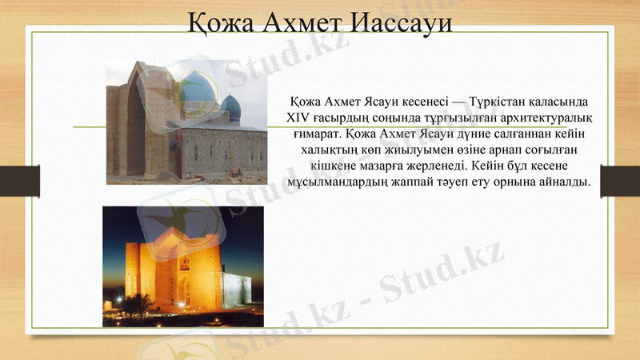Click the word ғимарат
[318, 134]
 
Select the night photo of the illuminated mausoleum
[182, 266]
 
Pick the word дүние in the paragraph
[472, 134]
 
